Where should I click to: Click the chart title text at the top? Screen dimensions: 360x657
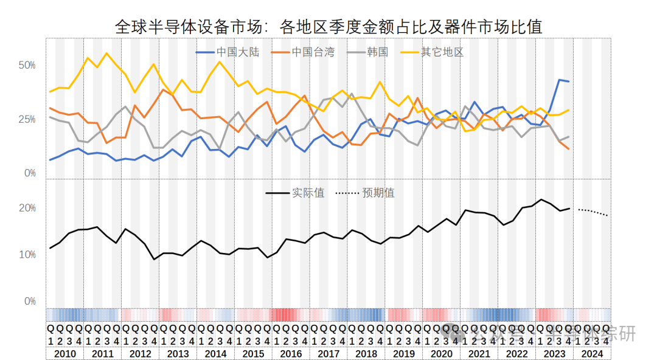[x=328, y=27]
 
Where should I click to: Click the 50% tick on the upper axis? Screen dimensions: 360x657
[x=28, y=65]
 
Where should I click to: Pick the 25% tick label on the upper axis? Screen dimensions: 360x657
[x=28, y=119]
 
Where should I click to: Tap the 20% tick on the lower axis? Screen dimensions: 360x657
[x=28, y=209]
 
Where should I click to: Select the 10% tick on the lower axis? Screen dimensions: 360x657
[x=28, y=255]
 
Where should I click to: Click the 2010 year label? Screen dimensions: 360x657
[x=65, y=353]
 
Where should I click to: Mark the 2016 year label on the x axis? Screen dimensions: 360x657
[x=291, y=353]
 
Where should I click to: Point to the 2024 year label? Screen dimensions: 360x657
[x=592, y=353]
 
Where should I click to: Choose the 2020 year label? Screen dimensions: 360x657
[x=442, y=353]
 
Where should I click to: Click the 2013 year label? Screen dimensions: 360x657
[x=178, y=353]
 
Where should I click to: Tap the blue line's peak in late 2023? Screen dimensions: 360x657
[x=559, y=80]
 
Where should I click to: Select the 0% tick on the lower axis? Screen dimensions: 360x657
[x=30, y=302]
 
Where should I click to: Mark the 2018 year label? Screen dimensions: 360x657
[x=366, y=353]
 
